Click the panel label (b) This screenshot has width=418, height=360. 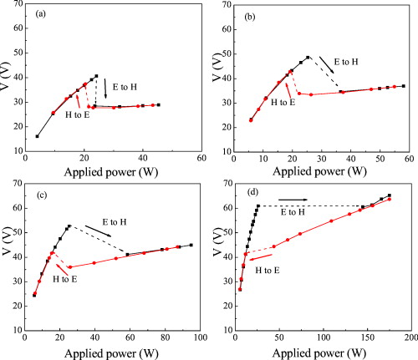pos(250,14)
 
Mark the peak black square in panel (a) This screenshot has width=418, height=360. pos(96,76)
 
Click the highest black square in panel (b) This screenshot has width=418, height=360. pos(308,58)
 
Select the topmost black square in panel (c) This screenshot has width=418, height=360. pos(69,226)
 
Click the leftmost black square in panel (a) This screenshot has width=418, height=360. pos(37,136)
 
